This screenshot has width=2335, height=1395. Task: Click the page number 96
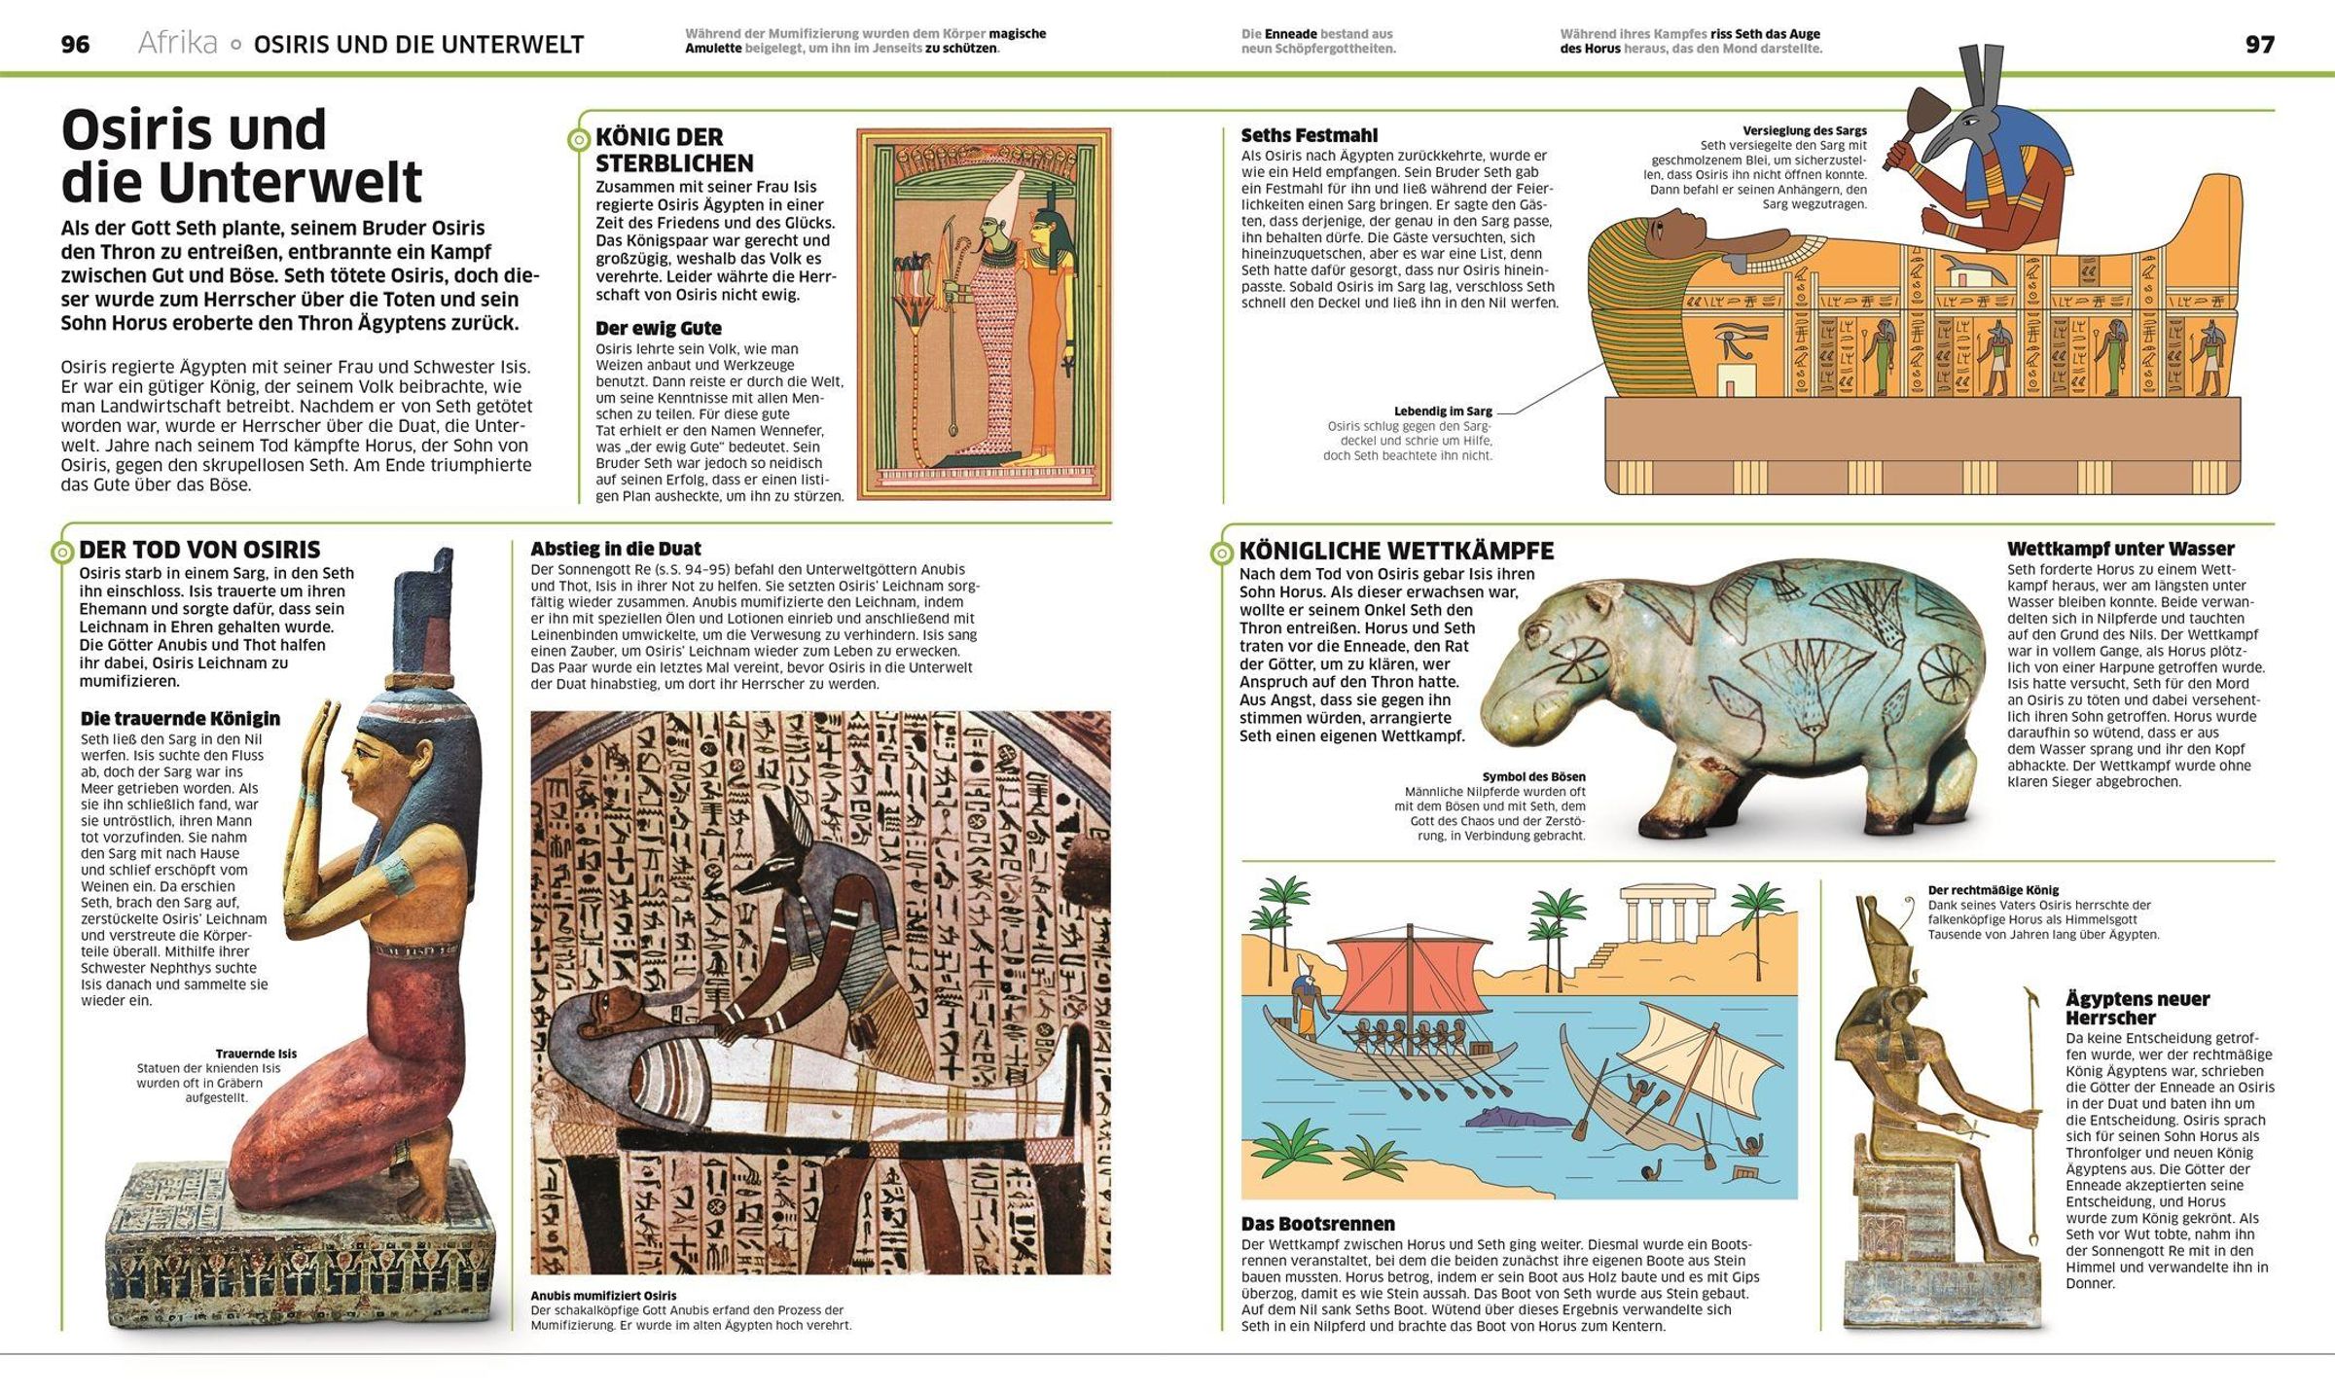pos(75,45)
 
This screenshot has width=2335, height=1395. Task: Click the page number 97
pos(2259,45)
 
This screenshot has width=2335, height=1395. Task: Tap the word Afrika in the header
pos(177,44)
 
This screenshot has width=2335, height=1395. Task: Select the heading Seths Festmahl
pos(1309,135)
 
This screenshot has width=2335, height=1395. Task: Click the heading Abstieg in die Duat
pos(615,549)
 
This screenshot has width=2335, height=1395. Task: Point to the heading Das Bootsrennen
pos(1317,1224)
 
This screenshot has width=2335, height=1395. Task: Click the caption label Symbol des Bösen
pos(1533,776)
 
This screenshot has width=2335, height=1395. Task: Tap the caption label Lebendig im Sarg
pos(1442,411)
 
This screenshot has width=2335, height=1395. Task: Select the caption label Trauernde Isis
pos(256,1054)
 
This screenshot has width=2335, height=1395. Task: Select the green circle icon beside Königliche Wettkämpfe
pos(1222,554)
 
